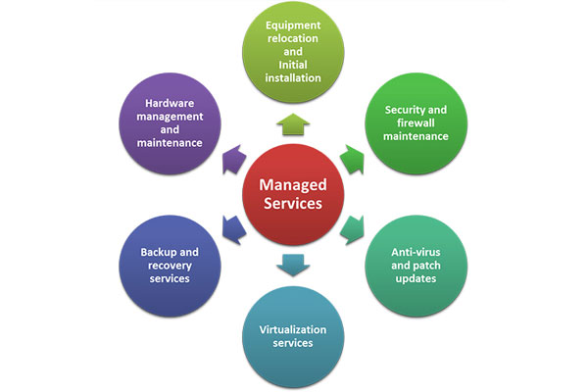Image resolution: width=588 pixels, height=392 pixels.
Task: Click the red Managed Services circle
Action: point(293,195)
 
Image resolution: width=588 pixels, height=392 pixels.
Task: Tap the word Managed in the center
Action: point(293,185)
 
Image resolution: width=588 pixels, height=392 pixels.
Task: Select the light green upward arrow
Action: point(293,124)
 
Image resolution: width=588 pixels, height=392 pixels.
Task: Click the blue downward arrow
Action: point(293,266)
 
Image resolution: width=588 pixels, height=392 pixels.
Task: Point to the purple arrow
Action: point(233,160)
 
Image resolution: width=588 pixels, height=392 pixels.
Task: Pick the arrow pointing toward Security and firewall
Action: point(353,160)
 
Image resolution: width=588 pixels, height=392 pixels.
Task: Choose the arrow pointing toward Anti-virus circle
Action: point(353,230)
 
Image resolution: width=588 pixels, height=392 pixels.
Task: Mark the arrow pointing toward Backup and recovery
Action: point(233,230)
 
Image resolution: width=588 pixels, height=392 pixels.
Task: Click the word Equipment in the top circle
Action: point(293,25)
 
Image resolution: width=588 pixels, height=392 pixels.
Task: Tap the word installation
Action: point(293,78)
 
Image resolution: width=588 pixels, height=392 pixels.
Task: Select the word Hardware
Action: point(170,103)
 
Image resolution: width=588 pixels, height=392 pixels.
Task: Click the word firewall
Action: point(416,123)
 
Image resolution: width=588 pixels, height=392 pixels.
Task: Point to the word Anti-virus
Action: point(416,252)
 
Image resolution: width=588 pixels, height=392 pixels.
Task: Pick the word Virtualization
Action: point(293,329)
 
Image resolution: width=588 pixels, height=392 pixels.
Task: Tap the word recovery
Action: point(170,266)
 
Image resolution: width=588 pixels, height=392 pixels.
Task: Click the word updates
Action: point(416,278)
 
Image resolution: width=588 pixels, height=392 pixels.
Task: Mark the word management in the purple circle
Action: point(170,117)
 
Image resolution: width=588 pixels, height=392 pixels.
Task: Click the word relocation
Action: point(293,38)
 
